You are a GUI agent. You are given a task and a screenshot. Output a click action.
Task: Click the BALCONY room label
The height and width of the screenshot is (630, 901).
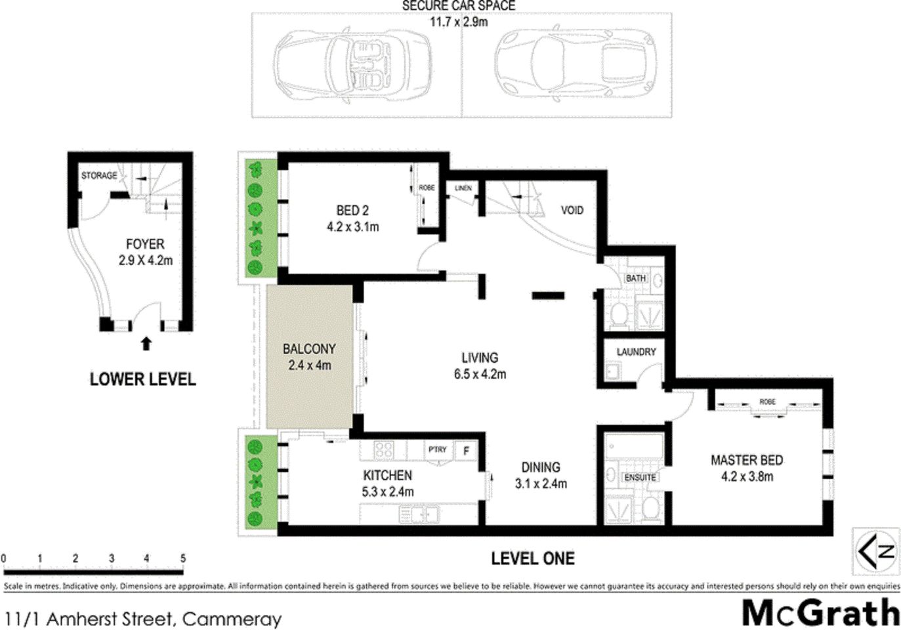[x=308, y=349]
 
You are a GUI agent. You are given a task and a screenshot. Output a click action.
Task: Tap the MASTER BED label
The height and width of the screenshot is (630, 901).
[x=746, y=460]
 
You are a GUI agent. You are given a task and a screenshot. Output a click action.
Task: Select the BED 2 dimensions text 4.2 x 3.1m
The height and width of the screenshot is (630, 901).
[x=352, y=227]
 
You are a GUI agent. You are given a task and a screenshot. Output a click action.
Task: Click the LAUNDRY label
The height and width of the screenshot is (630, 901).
[x=636, y=352]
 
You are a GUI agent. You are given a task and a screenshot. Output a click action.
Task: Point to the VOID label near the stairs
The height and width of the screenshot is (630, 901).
[x=572, y=210]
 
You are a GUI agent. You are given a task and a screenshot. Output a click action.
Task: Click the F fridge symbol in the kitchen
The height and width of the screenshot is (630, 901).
[x=466, y=451]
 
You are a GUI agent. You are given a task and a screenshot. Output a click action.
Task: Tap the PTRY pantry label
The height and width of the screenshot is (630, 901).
[x=437, y=450]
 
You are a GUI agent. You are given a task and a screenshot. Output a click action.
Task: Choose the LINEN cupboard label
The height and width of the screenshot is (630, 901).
[x=463, y=188]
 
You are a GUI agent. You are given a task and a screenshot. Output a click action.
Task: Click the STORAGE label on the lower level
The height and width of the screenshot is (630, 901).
[x=99, y=175]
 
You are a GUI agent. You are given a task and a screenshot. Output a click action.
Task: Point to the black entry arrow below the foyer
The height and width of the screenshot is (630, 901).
[x=146, y=343]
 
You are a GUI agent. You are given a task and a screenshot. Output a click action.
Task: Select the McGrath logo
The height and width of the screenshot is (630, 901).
[x=820, y=613]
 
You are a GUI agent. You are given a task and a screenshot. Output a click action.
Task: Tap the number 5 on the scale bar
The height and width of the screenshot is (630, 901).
[x=183, y=558]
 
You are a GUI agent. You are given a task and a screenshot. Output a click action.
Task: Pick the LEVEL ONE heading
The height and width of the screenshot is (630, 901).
[x=532, y=558]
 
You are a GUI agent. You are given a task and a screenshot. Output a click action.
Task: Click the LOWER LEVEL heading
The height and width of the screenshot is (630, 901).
[x=142, y=379]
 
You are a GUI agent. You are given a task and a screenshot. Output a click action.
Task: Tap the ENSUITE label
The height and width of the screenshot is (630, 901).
[x=639, y=477]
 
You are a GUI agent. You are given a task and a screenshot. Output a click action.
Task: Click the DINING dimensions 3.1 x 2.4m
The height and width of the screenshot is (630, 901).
[x=541, y=484]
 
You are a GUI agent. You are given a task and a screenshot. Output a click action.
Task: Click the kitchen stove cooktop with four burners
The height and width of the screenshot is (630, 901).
[x=383, y=450]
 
